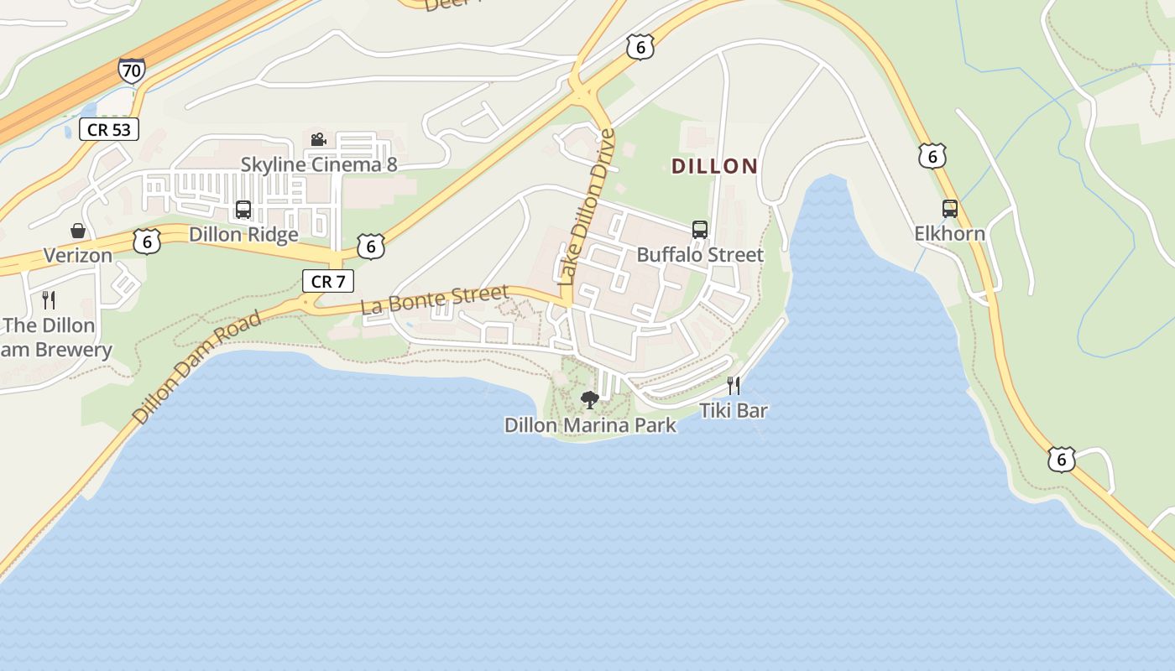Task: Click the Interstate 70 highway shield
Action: [131, 70]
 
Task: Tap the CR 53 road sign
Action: [109, 129]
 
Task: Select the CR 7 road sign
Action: [327, 281]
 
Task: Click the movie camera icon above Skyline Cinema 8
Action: [318, 139]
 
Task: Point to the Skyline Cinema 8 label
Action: [319, 164]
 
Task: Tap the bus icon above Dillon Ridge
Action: [243, 210]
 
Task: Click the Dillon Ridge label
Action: [243, 234]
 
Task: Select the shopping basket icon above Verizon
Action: [78, 231]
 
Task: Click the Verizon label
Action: [78, 255]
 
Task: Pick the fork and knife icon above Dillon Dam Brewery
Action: [49, 299]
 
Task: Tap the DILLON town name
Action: [714, 166]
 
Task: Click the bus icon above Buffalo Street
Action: [699, 230]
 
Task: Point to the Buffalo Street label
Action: [700, 254]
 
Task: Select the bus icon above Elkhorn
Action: [949, 209]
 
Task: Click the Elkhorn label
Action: [949, 233]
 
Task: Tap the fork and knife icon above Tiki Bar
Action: [734, 386]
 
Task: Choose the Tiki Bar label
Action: [734, 411]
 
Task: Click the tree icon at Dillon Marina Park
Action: [590, 400]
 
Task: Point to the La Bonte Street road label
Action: [435, 300]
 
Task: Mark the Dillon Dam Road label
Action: [197, 366]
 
